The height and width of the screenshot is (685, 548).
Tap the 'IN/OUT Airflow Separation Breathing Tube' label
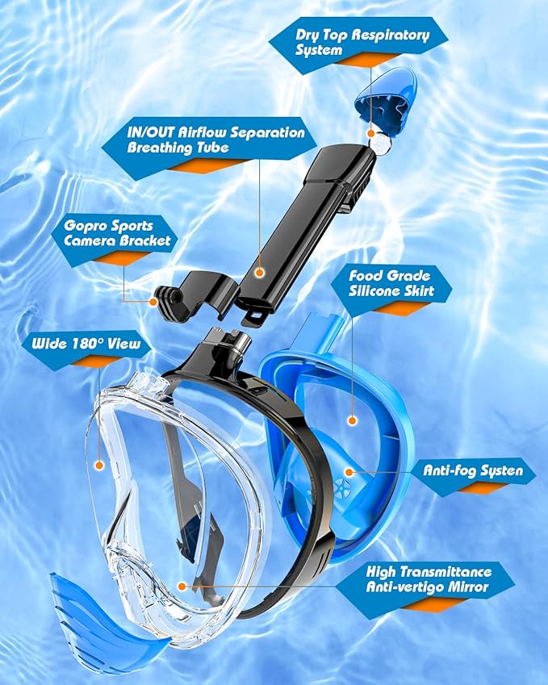tap(215, 140)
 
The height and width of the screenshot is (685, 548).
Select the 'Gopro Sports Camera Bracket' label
tap(111, 233)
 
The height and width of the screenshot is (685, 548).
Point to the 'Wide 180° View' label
tap(86, 345)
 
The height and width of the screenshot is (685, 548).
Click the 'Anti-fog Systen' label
tap(474, 470)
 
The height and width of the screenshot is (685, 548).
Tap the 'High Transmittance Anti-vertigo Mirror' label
tap(428, 578)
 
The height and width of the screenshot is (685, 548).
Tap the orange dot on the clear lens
tap(98, 465)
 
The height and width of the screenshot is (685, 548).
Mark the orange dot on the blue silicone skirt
tap(353, 420)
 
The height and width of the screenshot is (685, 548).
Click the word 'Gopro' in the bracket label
tap(86, 226)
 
